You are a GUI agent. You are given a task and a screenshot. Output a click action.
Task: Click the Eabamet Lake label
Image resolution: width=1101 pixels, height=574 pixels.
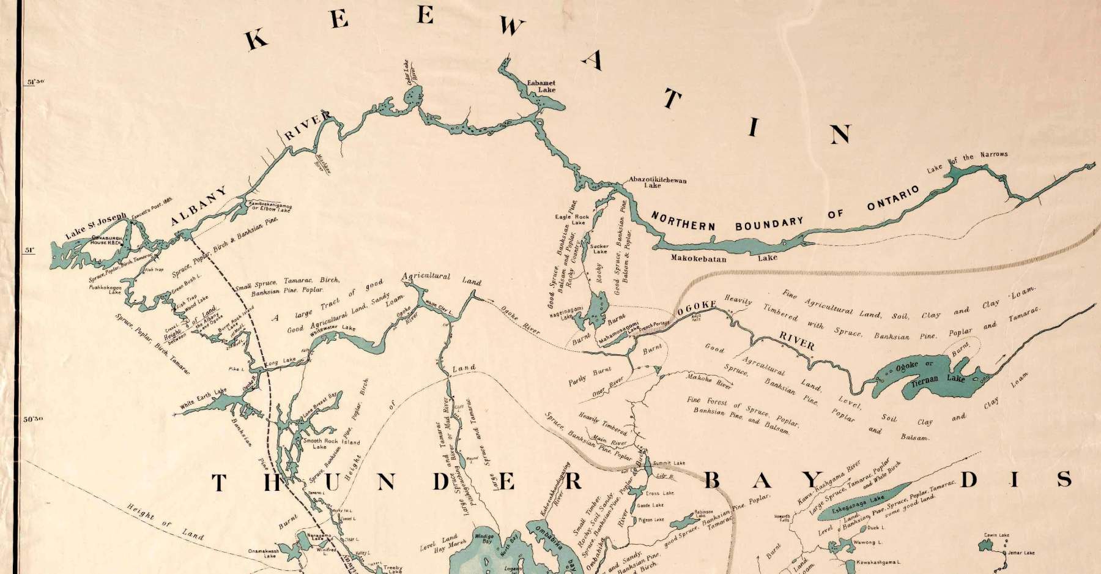(542, 86)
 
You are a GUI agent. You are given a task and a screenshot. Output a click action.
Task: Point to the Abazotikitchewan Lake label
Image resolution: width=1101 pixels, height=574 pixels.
(658, 182)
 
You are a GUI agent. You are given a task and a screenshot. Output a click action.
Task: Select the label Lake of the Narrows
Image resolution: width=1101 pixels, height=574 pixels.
(967, 161)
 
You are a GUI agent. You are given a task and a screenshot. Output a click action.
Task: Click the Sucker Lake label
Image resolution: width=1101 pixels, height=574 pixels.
(599, 248)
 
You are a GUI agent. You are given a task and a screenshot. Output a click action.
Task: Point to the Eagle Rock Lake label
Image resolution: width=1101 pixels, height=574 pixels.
(572, 219)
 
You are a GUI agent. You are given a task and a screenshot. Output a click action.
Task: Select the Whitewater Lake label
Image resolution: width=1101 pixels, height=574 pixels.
(332, 331)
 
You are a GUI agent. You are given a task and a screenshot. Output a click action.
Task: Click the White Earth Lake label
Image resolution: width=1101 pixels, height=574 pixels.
(203, 399)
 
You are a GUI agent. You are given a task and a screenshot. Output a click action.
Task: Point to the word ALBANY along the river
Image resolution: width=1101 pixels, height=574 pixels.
(199, 207)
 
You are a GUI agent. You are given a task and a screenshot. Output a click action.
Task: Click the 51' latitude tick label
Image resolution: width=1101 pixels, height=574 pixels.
(28, 250)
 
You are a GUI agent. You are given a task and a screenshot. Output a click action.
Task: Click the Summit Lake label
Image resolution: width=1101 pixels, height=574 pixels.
(669, 463)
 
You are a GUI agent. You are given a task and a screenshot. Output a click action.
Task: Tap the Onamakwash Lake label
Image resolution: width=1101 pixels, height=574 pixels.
(263, 553)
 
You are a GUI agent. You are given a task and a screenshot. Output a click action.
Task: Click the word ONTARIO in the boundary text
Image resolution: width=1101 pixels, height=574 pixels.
(893, 200)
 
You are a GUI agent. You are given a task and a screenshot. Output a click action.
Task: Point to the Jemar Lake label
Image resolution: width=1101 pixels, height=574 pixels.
(1021, 553)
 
